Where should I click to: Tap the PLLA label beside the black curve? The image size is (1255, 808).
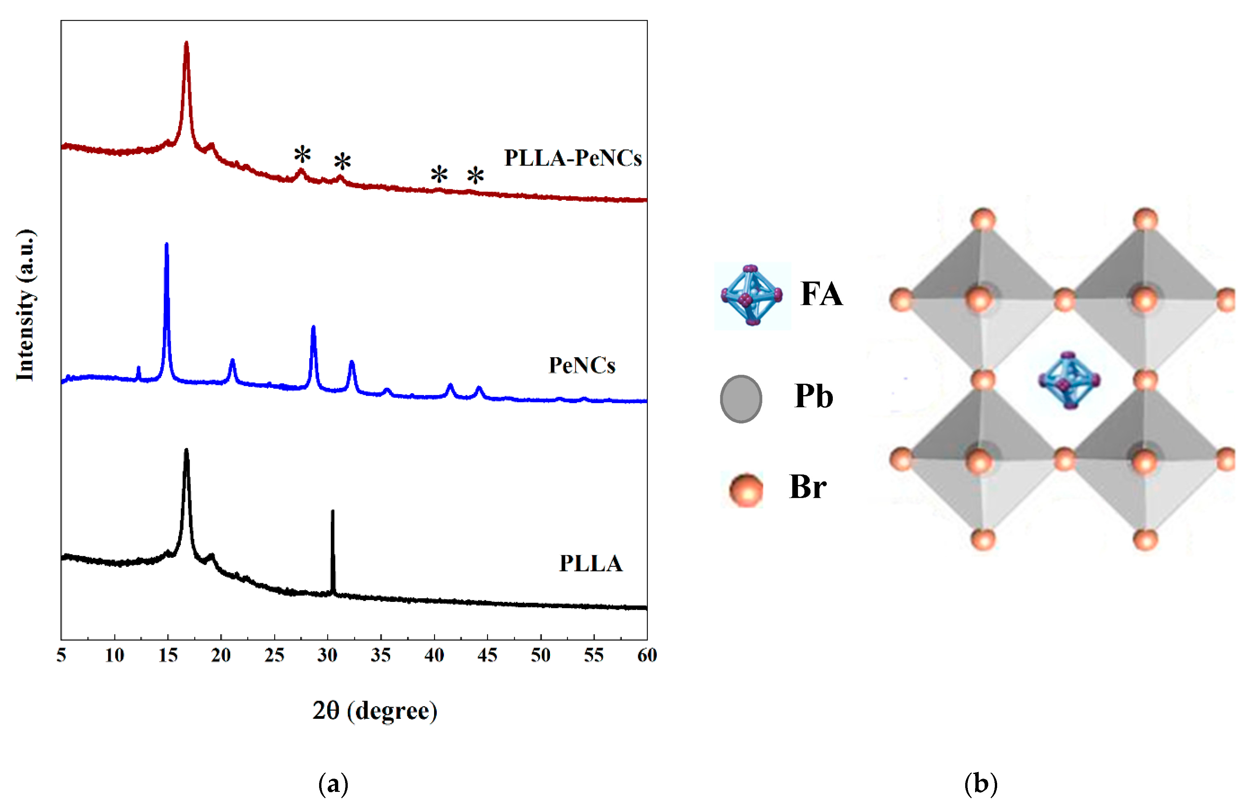pyautogui.click(x=591, y=563)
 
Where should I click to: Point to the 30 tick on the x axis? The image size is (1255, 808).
pyautogui.click(x=327, y=655)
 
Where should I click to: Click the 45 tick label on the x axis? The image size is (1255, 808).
pyautogui.click(x=487, y=655)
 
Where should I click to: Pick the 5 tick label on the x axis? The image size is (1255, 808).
pyautogui.click(x=61, y=655)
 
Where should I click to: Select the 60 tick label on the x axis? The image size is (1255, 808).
pyautogui.click(x=646, y=655)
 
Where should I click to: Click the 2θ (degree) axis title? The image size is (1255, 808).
pyautogui.click(x=375, y=711)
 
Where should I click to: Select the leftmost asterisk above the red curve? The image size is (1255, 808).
pyautogui.click(x=302, y=155)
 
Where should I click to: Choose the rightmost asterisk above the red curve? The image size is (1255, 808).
pyautogui.click(x=475, y=176)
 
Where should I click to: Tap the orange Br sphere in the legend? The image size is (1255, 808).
pyautogui.click(x=746, y=489)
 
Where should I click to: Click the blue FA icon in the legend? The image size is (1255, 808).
pyautogui.click(x=752, y=295)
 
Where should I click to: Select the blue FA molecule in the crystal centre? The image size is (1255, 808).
pyautogui.click(x=1069, y=380)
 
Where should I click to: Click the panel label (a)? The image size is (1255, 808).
pyautogui.click(x=333, y=784)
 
